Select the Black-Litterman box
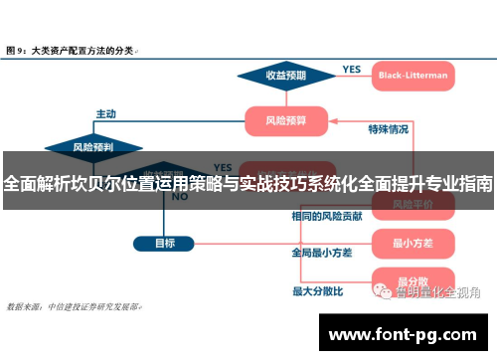pos(413,75)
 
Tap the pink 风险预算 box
pos(287,121)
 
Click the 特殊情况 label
pos(388,129)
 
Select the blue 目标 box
pos(165,243)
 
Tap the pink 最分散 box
pos(413,281)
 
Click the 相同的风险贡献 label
pos(326,215)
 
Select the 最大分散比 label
pos(317,291)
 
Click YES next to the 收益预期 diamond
pos(351,69)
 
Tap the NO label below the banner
pos(180,197)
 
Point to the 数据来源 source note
pos(75,306)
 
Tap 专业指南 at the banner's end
pos(455,183)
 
